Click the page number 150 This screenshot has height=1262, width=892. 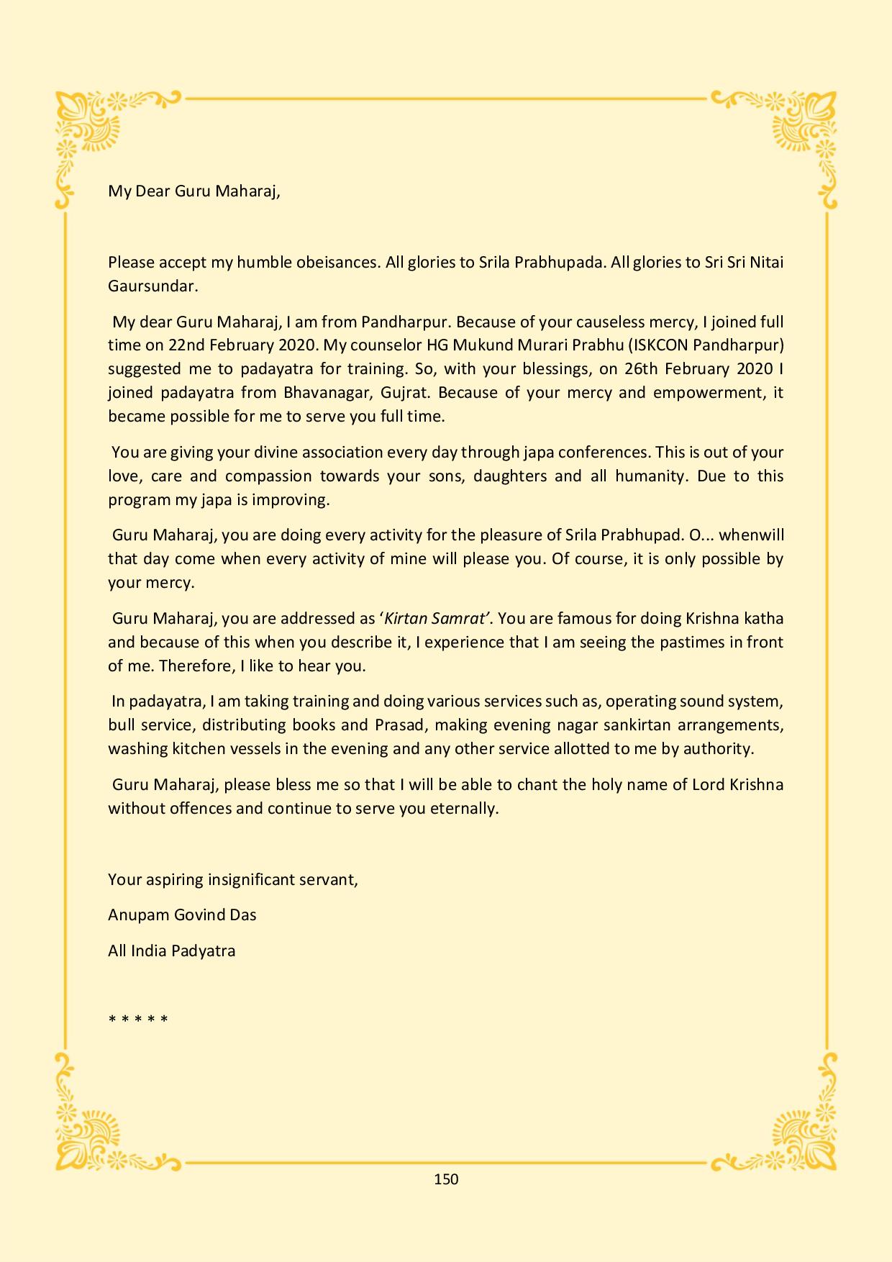pyautogui.click(x=446, y=1179)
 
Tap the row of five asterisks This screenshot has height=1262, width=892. pyautogui.click(x=138, y=1019)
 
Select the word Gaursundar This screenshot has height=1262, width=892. pyautogui.click(x=152, y=286)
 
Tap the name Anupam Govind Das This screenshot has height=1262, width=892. pyautogui.click(x=182, y=914)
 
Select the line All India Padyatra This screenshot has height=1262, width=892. pyautogui.click(x=171, y=950)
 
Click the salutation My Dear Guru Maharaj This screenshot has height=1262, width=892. pyautogui.click(x=194, y=191)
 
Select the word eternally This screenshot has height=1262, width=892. pyautogui.click(x=463, y=808)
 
